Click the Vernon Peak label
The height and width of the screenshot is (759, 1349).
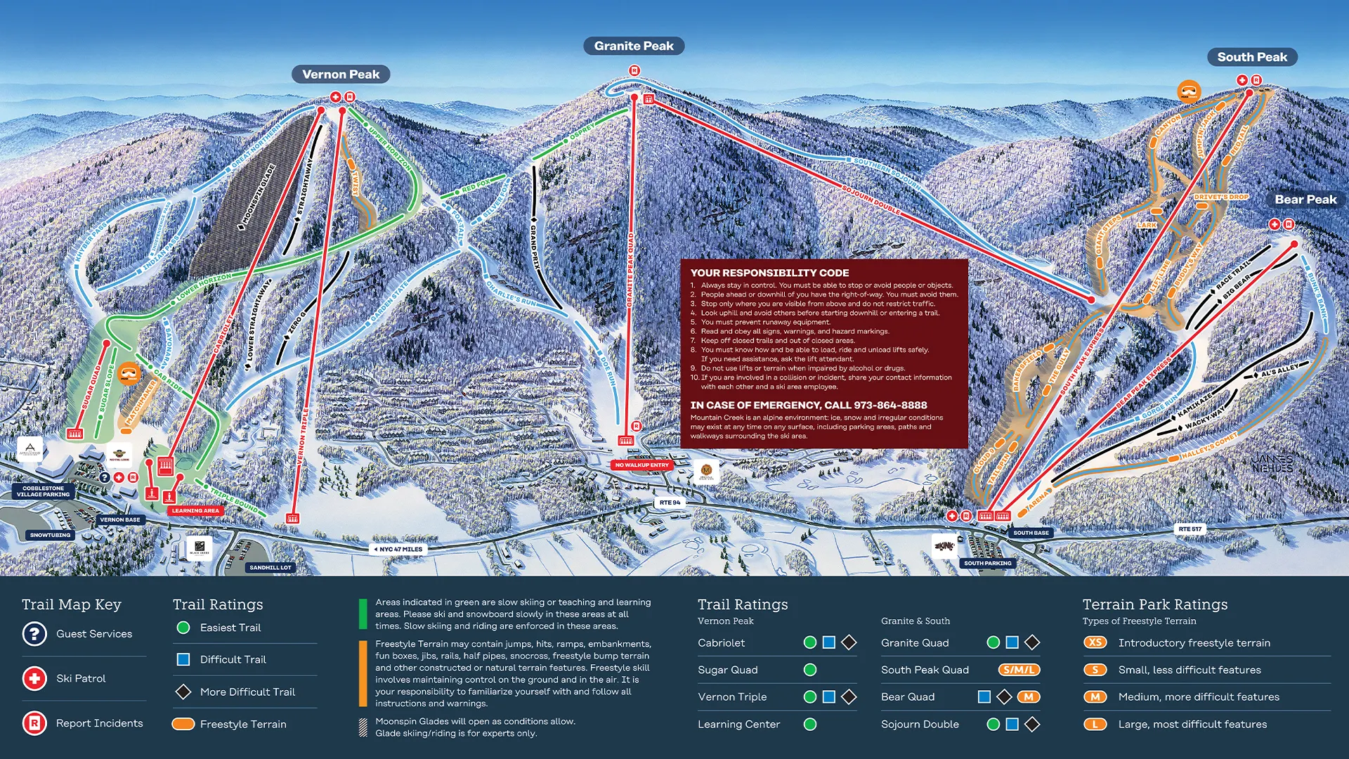(341, 74)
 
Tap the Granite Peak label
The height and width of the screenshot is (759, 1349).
(634, 46)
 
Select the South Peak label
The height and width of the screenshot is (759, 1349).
(1252, 57)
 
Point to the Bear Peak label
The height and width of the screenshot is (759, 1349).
(1305, 200)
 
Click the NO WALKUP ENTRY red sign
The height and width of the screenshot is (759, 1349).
(641, 465)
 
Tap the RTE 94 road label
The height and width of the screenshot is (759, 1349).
(670, 502)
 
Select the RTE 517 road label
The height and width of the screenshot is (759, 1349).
(1190, 528)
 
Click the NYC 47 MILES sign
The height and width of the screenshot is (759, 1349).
(398, 550)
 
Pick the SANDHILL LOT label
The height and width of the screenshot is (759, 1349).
(271, 567)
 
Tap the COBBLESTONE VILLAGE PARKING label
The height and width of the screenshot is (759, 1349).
(44, 491)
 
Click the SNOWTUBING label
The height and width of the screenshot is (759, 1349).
(50, 536)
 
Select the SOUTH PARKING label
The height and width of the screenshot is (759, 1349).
(987, 563)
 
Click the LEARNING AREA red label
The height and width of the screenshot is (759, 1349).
(195, 511)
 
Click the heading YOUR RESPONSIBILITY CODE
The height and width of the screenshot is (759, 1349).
(769, 273)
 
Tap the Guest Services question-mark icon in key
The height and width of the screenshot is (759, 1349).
(34, 634)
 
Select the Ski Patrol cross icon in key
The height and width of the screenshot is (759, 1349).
(34, 679)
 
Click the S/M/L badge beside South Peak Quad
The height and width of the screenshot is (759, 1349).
(1018, 670)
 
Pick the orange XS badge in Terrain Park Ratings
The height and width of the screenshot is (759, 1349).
(1095, 642)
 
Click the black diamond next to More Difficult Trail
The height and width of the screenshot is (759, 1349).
(183, 692)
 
